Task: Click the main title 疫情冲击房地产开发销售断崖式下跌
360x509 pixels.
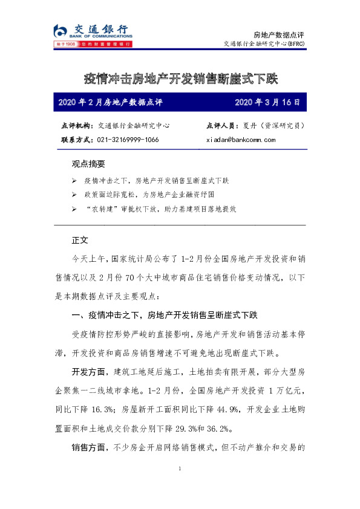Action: click(180, 78)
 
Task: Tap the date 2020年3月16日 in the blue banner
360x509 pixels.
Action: click(267, 102)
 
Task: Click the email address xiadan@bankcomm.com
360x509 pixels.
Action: click(240, 140)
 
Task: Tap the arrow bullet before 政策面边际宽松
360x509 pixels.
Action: click(74, 195)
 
